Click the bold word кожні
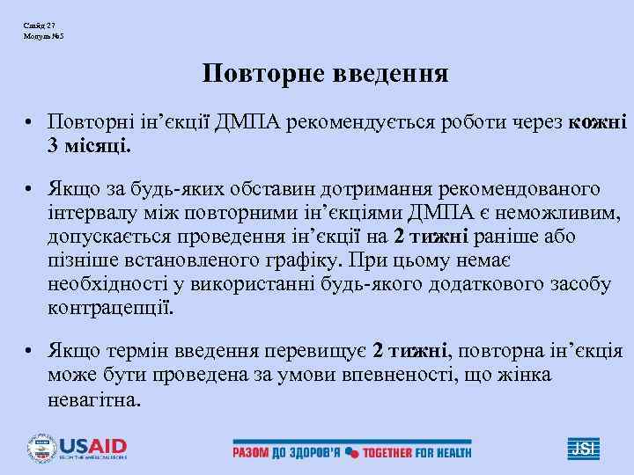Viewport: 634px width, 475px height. coord(598,121)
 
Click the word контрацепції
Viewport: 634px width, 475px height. coord(112,309)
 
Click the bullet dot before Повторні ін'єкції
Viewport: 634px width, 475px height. coord(29,122)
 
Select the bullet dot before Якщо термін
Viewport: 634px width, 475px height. coord(29,353)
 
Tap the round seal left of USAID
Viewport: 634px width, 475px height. coord(41,448)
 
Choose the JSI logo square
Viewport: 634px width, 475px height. coord(582,448)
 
